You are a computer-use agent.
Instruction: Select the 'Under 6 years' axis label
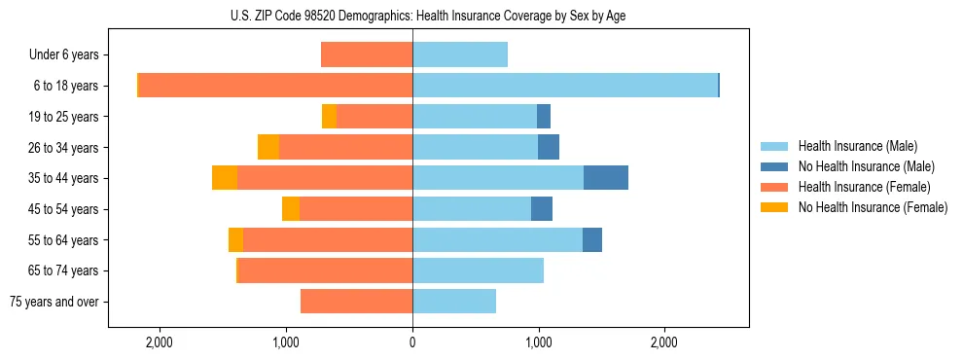click(x=63, y=55)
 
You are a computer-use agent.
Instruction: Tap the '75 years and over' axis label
click(x=54, y=302)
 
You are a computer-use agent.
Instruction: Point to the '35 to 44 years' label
click(x=64, y=178)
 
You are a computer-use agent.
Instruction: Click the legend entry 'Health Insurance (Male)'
click(x=857, y=146)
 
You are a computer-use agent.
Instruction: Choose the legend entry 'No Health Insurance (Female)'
click(x=873, y=207)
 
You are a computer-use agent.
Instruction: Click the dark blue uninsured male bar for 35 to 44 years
click(x=606, y=178)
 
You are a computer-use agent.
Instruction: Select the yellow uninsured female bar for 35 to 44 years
click(x=225, y=178)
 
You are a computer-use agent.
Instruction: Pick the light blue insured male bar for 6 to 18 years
click(x=565, y=86)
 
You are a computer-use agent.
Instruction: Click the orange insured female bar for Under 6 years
click(x=367, y=55)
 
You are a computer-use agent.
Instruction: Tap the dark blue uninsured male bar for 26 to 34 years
click(x=549, y=147)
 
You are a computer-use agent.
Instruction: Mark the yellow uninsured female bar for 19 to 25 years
click(x=329, y=117)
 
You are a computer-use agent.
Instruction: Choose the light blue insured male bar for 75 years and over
click(x=454, y=302)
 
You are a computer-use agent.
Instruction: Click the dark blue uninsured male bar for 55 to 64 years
click(x=592, y=239)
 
